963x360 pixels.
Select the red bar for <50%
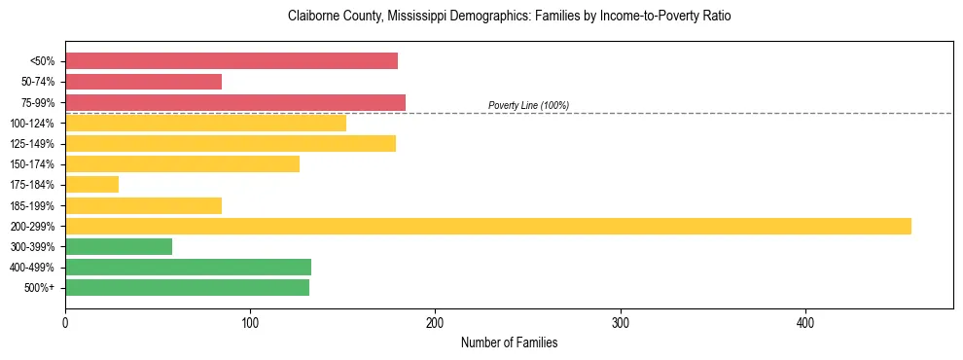(x=232, y=61)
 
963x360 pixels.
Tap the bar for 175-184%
(x=91, y=185)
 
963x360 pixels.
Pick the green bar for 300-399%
(x=119, y=246)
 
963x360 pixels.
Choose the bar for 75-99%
(x=235, y=102)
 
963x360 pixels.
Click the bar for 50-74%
(x=143, y=82)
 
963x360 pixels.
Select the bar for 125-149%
(x=231, y=144)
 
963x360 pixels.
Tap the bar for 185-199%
(x=143, y=205)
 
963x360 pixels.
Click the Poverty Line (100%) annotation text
(x=528, y=105)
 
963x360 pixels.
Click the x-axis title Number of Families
(x=509, y=342)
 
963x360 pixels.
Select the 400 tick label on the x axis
(x=805, y=322)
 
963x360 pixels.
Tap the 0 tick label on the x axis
(x=65, y=322)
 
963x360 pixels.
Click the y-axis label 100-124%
(x=32, y=124)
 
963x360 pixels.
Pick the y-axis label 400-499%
(x=32, y=268)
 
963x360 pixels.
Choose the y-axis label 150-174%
(x=32, y=164)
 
